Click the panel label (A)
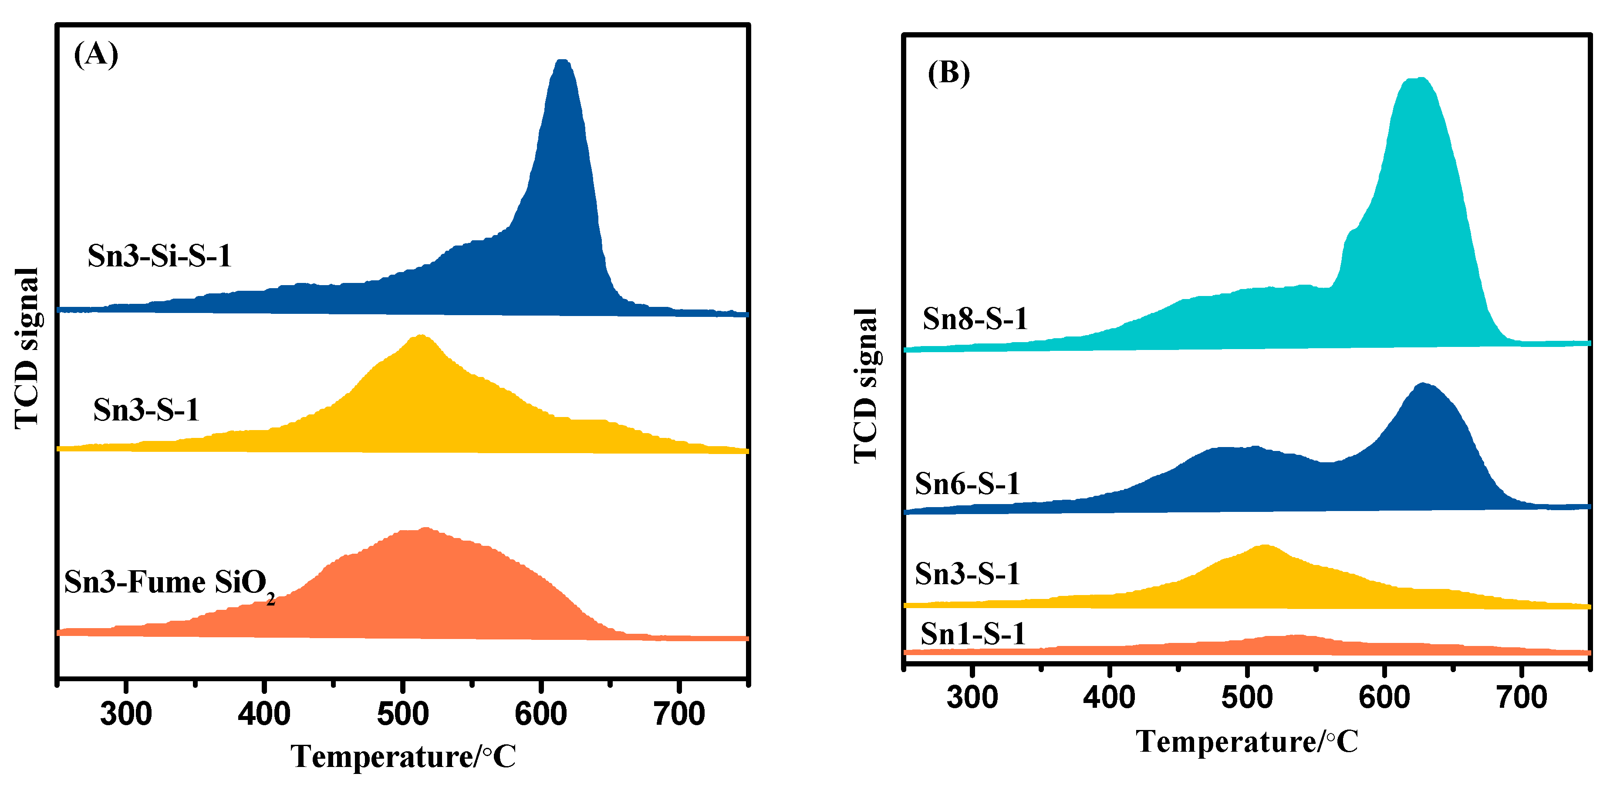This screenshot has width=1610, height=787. coord(96,54)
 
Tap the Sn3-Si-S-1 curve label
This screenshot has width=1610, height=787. coord(159,256)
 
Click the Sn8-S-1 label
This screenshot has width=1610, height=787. coord(975,319)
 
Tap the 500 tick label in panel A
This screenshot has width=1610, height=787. coord(402,714)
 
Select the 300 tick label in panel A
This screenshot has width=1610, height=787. coord(126,714)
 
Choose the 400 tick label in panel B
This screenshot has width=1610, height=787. coord(1109,697)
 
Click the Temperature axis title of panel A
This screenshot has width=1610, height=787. coord(403,757)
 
